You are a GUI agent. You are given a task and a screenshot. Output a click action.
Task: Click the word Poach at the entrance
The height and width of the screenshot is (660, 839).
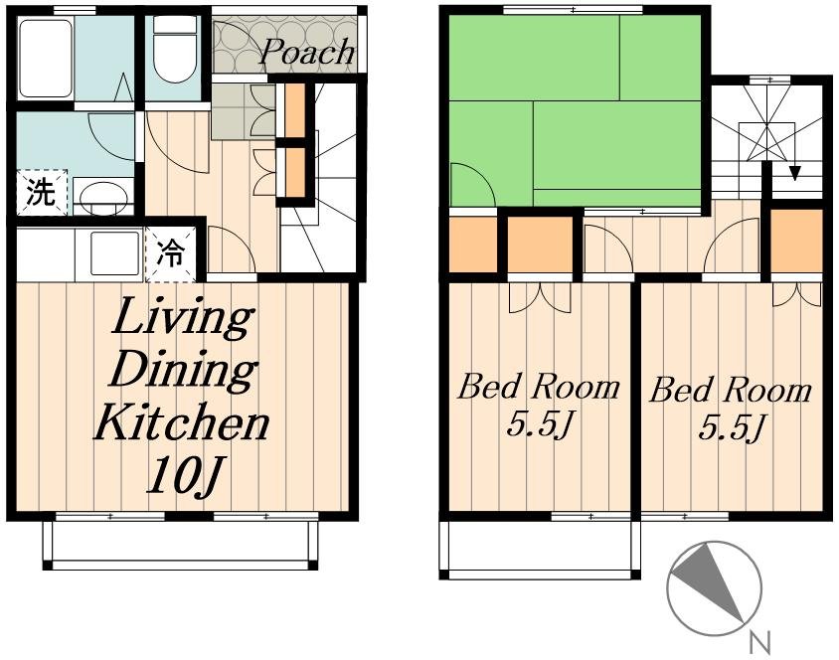tap(307, 53)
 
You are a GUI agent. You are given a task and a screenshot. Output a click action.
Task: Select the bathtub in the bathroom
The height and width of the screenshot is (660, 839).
tap(46, 59)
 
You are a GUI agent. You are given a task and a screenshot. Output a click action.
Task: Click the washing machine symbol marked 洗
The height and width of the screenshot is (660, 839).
tap(42, 193)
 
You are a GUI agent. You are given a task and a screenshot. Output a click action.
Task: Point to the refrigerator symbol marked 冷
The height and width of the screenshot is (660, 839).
tap(170, 253)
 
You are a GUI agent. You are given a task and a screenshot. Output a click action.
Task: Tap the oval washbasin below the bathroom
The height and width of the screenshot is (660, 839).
tap(103, 197)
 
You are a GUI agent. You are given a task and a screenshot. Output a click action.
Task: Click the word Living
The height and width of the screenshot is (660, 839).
tap(182, 318)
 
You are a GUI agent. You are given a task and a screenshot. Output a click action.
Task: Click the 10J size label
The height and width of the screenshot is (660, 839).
tap(184, 475)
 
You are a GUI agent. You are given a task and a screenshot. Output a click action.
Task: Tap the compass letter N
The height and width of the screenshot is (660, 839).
tap(759, 642)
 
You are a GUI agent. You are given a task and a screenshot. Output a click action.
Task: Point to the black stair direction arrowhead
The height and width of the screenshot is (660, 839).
tap(795, 173)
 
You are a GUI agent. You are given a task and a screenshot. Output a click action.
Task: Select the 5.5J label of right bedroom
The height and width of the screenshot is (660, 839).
tap(731, 426)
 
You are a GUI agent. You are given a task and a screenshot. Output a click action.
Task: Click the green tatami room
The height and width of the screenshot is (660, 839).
tap(576, 110)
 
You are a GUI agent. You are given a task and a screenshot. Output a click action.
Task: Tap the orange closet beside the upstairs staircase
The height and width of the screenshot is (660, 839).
tap(796, 241)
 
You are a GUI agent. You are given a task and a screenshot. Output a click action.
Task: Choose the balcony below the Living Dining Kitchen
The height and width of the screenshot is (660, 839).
tap(180, 542)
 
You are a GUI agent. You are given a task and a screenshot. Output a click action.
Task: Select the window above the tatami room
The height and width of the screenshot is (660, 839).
tap(573, 10)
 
